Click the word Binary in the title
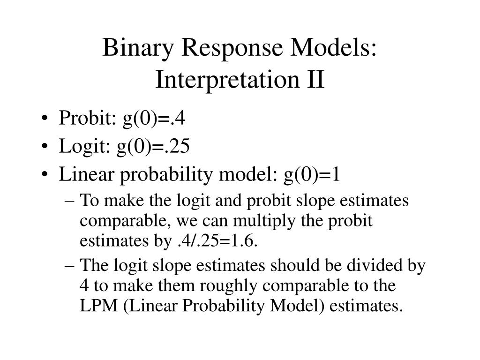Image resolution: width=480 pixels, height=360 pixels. (x=133, y=48)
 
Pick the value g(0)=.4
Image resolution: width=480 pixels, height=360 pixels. (x=154, y=119)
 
